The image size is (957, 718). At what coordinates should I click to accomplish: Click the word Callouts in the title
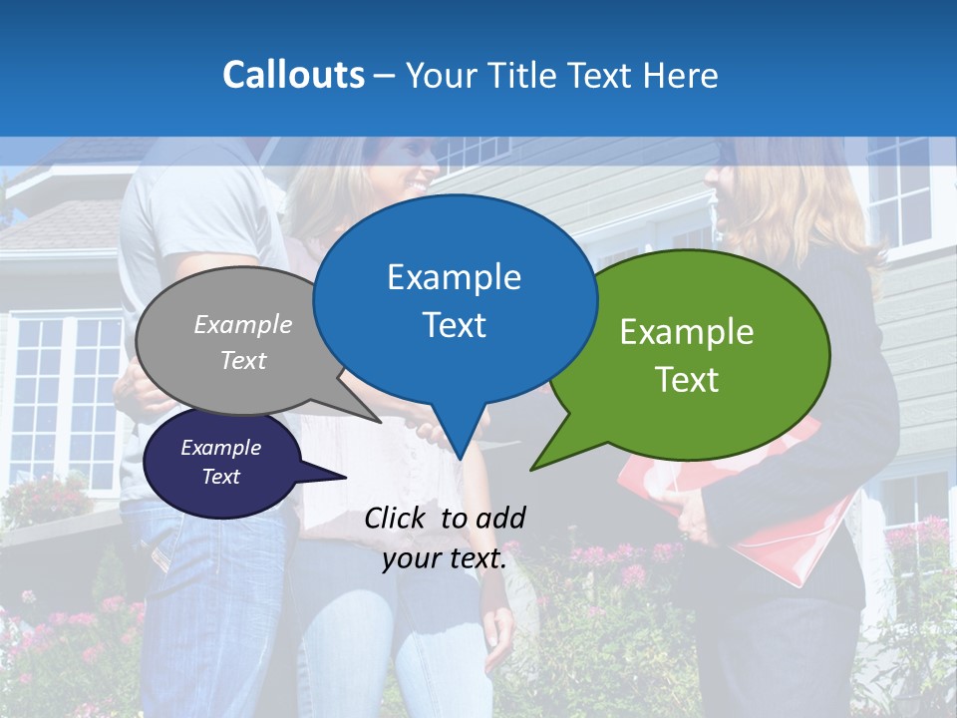coord(293,75)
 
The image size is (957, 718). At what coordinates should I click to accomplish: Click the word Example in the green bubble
coord(687,332)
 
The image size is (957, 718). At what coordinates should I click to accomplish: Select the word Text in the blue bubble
coord(455,325)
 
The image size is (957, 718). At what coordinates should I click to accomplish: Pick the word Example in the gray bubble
coord(243,324)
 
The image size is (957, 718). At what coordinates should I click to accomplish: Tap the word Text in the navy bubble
coord(220,477)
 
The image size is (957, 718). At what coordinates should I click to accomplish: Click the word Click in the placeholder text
coord(397,518)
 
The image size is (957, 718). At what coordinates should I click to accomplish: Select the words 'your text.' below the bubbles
coord(445,558)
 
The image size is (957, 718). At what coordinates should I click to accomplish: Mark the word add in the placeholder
coord(500,518)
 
